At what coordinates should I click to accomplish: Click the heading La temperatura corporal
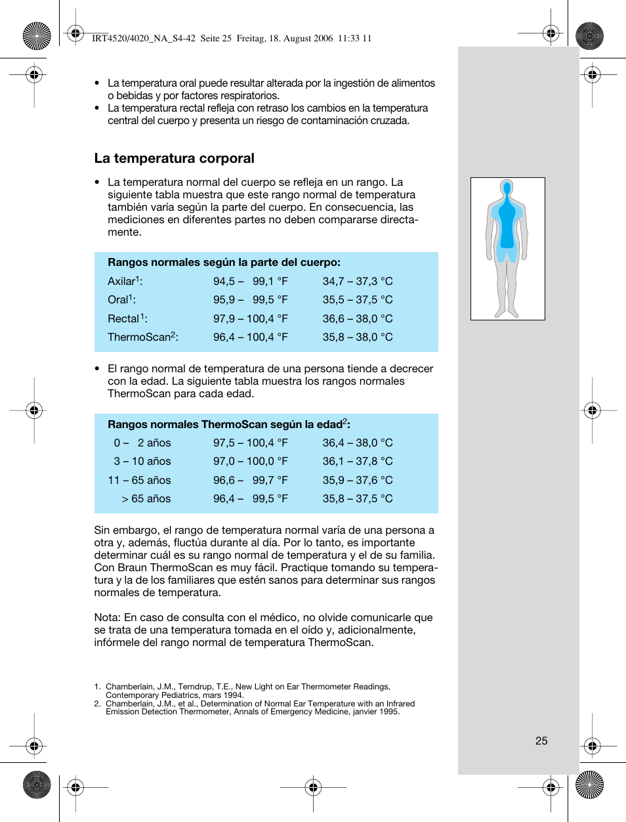[174, 158]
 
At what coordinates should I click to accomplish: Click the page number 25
[541, 741]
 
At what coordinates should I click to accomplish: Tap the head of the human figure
[507, 188]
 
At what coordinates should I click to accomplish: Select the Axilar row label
[125, 281]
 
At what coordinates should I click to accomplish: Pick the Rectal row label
[127, 318]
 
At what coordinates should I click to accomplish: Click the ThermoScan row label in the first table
[142, 337]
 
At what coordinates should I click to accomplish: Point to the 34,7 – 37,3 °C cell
[357, 281]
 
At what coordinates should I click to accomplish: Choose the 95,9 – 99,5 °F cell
[250, 299]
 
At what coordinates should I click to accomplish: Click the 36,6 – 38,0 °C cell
[357, 318]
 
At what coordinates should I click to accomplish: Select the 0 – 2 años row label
[142, 443]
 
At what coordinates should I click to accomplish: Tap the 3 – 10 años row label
[142, 461]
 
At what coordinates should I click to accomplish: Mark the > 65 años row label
[146, 498]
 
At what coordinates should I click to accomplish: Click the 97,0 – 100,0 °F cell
[250, 461]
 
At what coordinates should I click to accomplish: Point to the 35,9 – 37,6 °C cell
[357, 480]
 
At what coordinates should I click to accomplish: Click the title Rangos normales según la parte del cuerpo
[224, 262]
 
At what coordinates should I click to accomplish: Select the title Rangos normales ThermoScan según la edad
[228, 424]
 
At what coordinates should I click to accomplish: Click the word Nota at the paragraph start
[106, 617]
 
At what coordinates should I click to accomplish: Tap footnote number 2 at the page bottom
[97, 704]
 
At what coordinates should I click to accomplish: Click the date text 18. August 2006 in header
[301, 38]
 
